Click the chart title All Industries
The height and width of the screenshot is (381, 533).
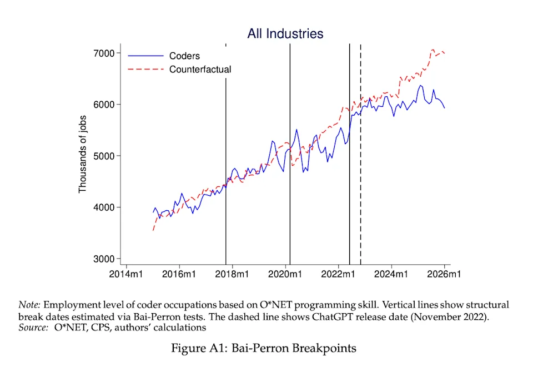pyautogui.click(x=285, y=34)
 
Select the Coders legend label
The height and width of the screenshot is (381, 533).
pyautogui.click(x=184, y=56)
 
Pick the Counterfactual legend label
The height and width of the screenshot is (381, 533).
pyautogui.click(x=200, y=70)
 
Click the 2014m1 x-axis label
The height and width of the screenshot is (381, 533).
pyautogui.click(x=126, y=274)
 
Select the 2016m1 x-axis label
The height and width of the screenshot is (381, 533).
pyautogui.click(x=179, y=274)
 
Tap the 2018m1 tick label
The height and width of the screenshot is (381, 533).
pyautogui.click(x=232, y=274)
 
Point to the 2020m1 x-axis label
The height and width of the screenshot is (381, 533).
pyautogui.click(x=285, y=274)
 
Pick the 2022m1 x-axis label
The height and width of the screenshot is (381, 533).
pyautogui.click(x=339, y=274)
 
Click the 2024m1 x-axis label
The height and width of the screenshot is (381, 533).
pyautogui.click(x=391, y=274)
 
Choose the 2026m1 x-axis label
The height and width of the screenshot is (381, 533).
pyautogui.click(x=445, y=274)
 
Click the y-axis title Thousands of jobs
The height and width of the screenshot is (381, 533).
pyautogui.click(x=83, y=156)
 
